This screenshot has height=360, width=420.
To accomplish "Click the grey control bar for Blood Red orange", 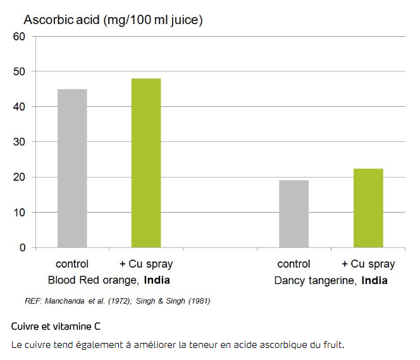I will [72, 168].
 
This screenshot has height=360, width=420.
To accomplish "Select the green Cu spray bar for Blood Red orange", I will [146, 163].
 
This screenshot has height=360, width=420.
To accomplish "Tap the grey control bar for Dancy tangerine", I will [293, 214].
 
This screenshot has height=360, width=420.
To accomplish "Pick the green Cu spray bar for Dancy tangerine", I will [368, 208].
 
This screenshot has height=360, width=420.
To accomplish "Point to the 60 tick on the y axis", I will [19, 37].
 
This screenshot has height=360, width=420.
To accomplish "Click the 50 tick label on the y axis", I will [19, 71].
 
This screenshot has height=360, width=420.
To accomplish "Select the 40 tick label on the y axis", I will [19, 107].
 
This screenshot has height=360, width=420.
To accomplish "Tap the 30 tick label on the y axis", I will [19, 142].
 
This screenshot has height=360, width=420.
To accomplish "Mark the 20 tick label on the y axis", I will [19, 177].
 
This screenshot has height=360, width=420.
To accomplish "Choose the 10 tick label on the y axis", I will [19, 213].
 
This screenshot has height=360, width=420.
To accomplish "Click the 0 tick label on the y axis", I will [22, 248].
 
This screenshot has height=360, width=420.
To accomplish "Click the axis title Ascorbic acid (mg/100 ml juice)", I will [113, 20].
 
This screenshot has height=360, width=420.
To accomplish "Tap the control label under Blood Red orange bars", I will [72, 264].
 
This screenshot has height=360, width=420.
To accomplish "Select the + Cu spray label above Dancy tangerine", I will [368, 264].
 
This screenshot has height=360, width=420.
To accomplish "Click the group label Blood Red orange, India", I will [109, 280].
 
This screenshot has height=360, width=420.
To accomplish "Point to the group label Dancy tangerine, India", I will [331, 280].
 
